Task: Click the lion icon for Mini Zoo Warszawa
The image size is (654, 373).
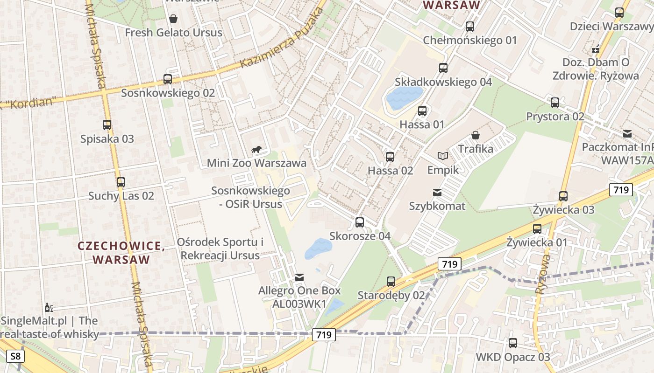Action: (x=256, y=150)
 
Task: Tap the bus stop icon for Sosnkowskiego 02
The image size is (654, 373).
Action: (x=168, y=79)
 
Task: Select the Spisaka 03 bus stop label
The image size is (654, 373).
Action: (x=107, y=138)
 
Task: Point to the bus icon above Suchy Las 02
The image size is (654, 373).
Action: (x=121, y=182)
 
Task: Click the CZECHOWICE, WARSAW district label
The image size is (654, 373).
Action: (x=121, y=252)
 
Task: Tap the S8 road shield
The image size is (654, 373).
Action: (x=15, y=357)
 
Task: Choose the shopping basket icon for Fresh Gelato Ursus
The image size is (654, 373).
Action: (x=173, y=19)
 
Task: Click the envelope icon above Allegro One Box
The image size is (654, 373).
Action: (x=299, y=277)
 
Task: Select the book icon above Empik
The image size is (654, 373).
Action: (x=442, y=156)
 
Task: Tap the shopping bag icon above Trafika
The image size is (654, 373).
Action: (x=476, y=136)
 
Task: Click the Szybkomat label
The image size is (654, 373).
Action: (x=437, y=206)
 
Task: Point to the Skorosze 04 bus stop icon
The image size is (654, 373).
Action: (x=359, y=222)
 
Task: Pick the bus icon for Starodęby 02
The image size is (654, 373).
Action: (x=391, y=282)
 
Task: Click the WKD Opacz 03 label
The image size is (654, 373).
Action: (x=513, y=357)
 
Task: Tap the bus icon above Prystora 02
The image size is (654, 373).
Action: (x=555, y=103)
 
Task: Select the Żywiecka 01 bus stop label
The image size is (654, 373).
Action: (x=537, y=242)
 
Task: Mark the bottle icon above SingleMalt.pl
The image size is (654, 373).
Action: (x=48, y=307)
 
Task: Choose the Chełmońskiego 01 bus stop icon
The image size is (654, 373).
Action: (x=470, y=27)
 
